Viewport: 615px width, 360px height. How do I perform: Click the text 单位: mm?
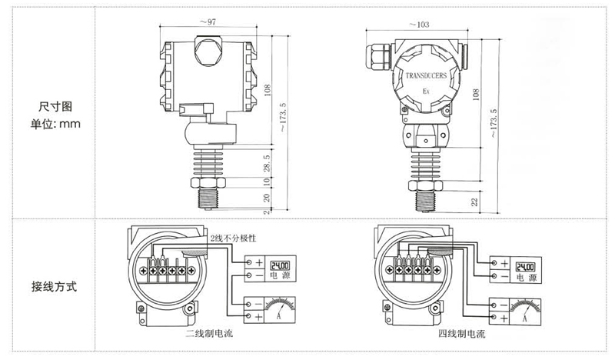click(55, 122)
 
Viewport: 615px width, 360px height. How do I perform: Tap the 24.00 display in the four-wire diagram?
click(526, 263)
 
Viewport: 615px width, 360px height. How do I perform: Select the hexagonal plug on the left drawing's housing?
click(208, 52)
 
